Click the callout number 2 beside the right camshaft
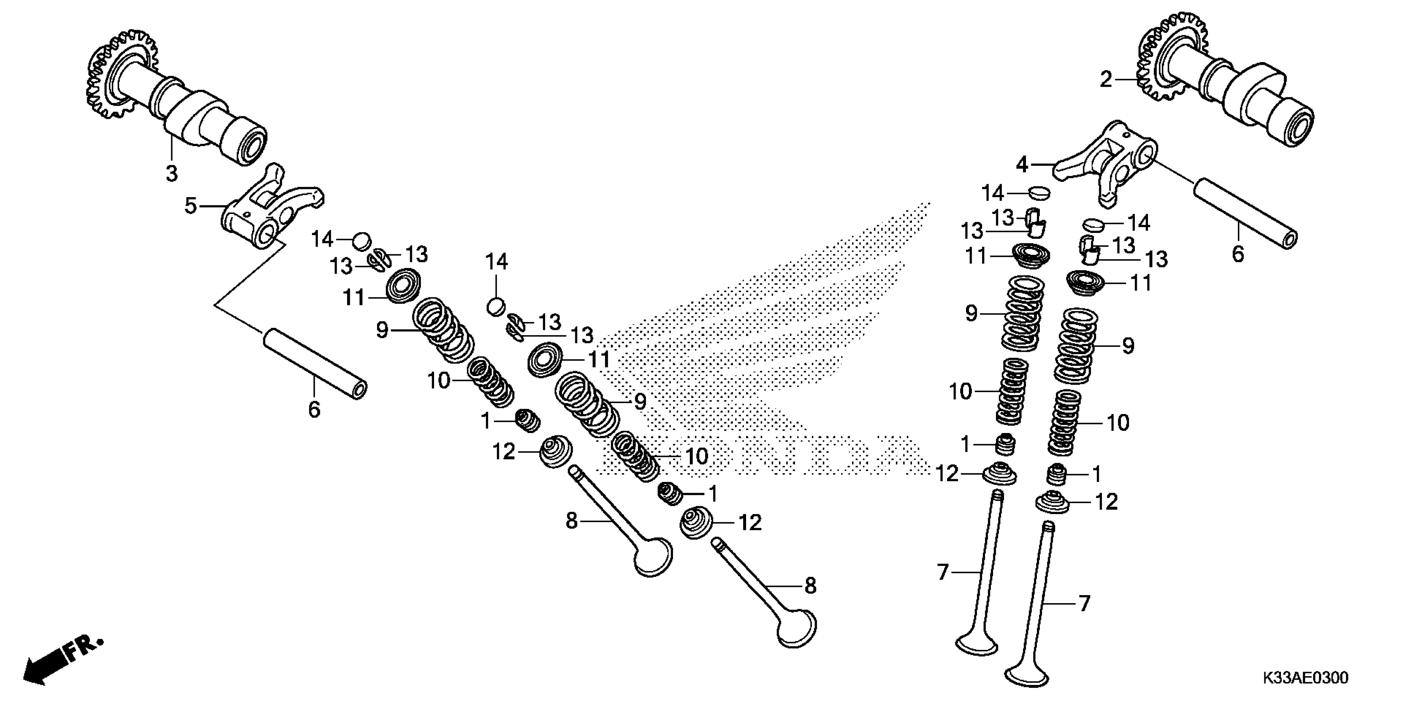click(1105, 80)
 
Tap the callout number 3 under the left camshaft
click(172, 174)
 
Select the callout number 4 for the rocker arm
click(1022, 165)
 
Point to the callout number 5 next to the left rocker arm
click(191, 206)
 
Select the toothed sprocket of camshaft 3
click(117, 76)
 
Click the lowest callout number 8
click(810, 586)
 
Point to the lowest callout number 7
click(1084, 604)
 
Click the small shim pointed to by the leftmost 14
click(361, 240)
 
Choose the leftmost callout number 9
click(383, 330)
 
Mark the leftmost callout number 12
click(504, 452)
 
